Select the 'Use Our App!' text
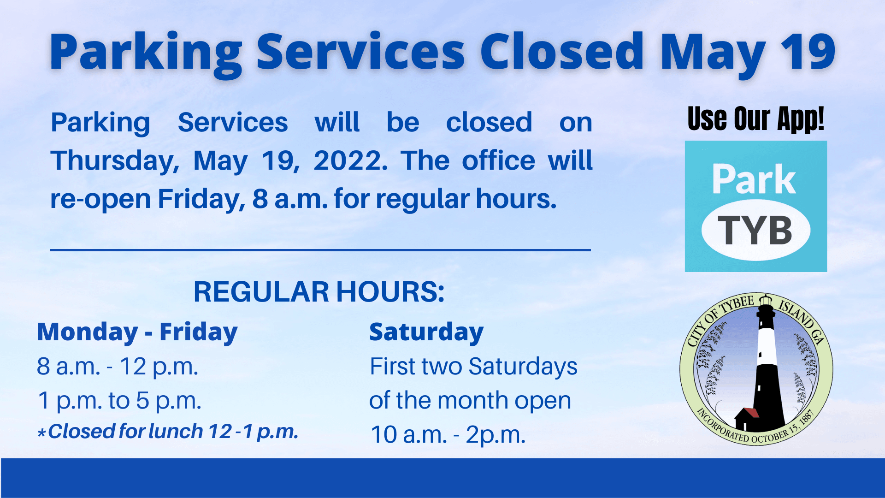[755, 119]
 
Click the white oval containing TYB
[755, 230]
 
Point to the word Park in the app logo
[754, 180]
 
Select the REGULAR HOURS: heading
[319, 292]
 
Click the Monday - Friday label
[137, 332]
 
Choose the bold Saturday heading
[426, 332]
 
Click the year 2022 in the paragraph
[350, 161]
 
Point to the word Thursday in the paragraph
[114, 161]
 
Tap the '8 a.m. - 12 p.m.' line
[118, 367]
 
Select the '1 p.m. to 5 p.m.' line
[119, 400]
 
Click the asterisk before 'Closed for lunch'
[41, 433]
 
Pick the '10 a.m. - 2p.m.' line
[448, 434]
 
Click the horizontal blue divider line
[320, 250]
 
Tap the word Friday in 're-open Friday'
[201, 199]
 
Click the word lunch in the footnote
[176, 432]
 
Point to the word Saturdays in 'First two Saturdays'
[523, 367]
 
